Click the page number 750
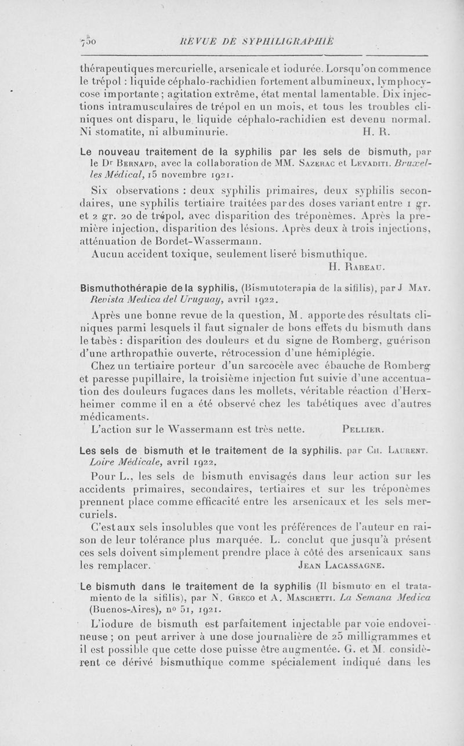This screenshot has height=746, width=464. [89, 41]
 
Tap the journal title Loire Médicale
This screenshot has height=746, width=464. [127, 462]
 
